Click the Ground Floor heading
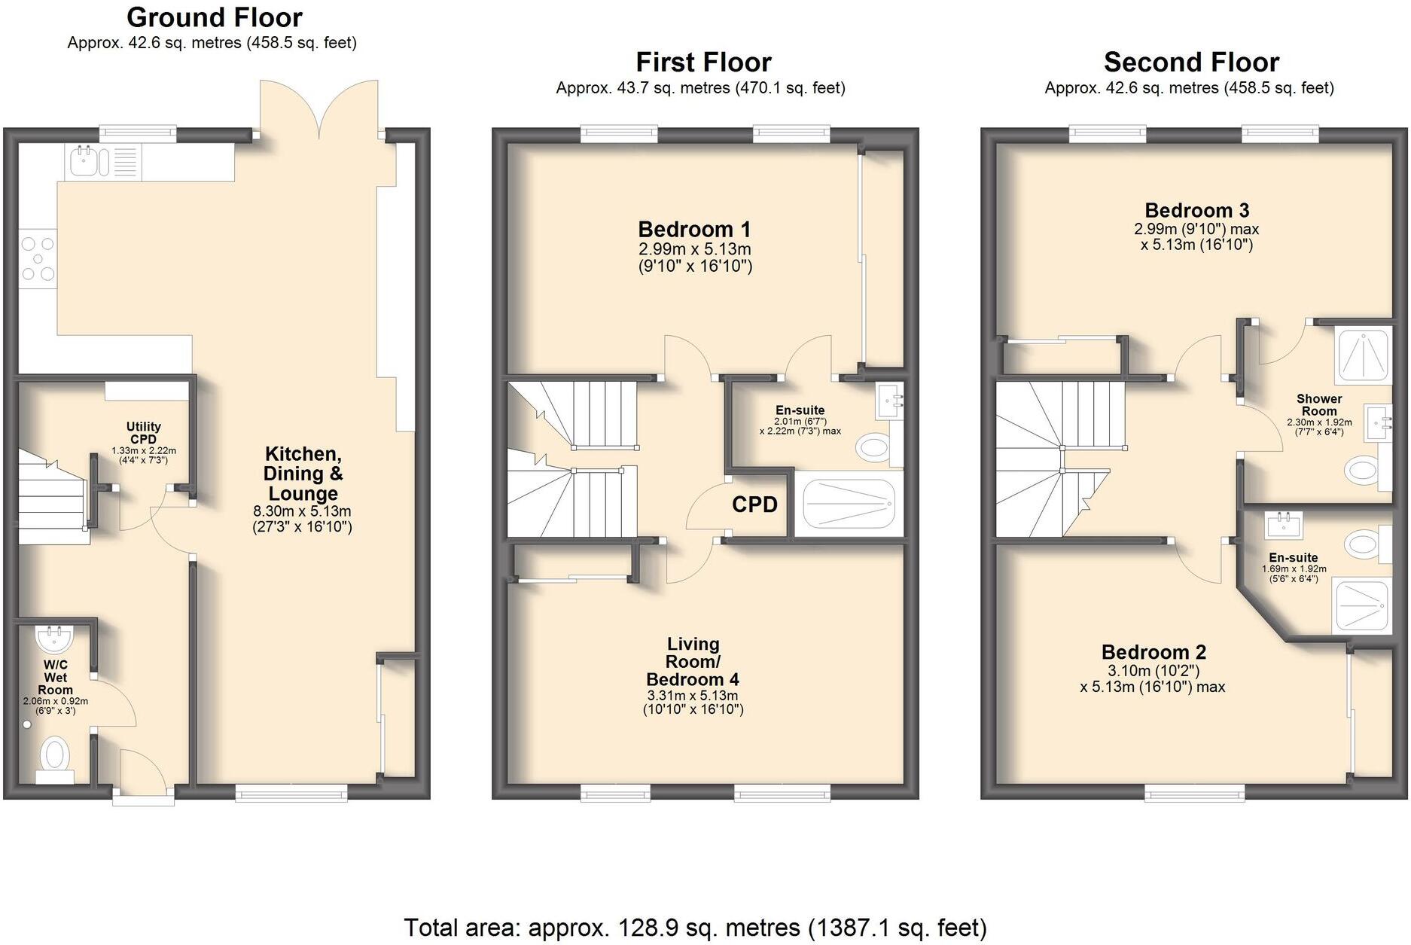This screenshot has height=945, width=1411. click(x=215, y=17)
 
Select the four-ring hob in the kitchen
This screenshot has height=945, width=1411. click(x=38, y=258)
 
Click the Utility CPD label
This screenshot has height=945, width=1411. click(x=143, y=433)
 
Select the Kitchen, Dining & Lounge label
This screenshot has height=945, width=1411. click(x=303, y=474)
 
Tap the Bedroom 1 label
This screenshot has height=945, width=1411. click(x=694, y=230)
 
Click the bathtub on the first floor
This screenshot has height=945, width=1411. click(x=849, y=504)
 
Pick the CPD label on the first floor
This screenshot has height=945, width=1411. click(x=754, y=505)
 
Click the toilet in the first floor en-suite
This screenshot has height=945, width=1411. click(x=872, y=449)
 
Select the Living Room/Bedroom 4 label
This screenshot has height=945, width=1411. click(x=693, y=662)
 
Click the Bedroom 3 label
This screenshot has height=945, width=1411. click(x=1196, y=210)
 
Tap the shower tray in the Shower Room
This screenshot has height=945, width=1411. click(x=1362, y=352)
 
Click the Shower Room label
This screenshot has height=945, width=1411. click(x=1318, y=404)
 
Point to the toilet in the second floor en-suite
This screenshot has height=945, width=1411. click(x=1361, y=542)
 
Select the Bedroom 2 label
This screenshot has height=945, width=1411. click(x=1153, y=652)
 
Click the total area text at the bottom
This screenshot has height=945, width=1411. click(x=695, y=928)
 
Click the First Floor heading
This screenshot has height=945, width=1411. click(x=703, y=62)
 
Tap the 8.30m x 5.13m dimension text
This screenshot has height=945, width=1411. click(x=302, y=511)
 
